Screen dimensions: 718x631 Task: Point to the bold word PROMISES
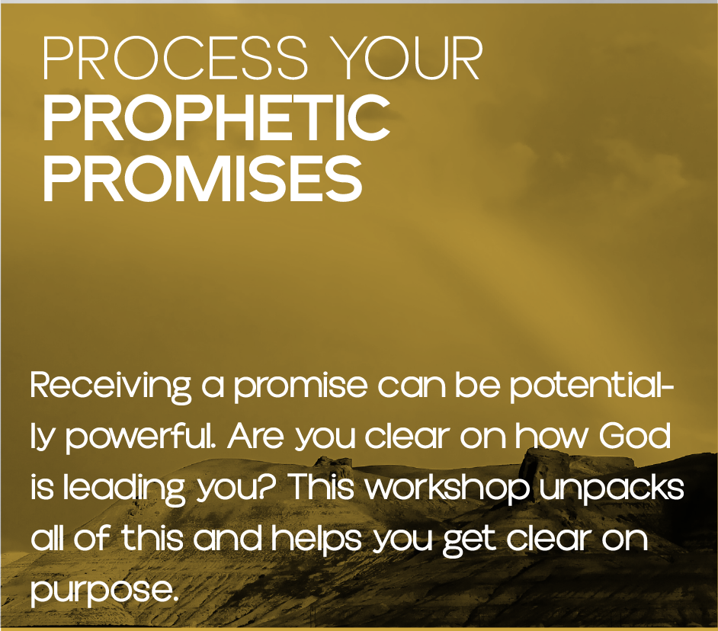[x=202, y=178]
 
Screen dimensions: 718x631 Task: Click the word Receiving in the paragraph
[x=111, y=388]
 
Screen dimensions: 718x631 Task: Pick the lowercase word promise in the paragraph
[x=300, y=389]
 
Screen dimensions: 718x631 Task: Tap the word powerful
[x=141, y=437]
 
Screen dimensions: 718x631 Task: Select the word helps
[x=317, y=540]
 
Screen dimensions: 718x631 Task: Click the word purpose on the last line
[x=104, y=591]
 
